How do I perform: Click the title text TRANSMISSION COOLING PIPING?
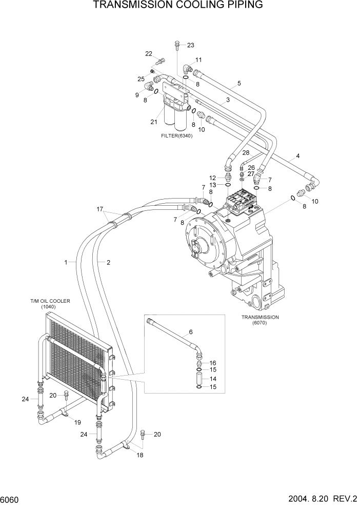click(178, 6)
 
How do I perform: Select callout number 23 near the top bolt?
click(190, 45)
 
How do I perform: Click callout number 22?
click(149, 54)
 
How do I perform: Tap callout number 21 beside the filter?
click(153, 122)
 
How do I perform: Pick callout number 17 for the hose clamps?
click(101, 209)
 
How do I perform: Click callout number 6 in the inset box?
click(191, 332)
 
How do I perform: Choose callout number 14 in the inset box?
click(213, 378)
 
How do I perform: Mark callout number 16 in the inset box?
click(213, 363)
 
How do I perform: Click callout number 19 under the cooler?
click(78, 422)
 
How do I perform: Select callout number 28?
click(246, 153)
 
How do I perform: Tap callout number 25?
click(141, 79)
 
